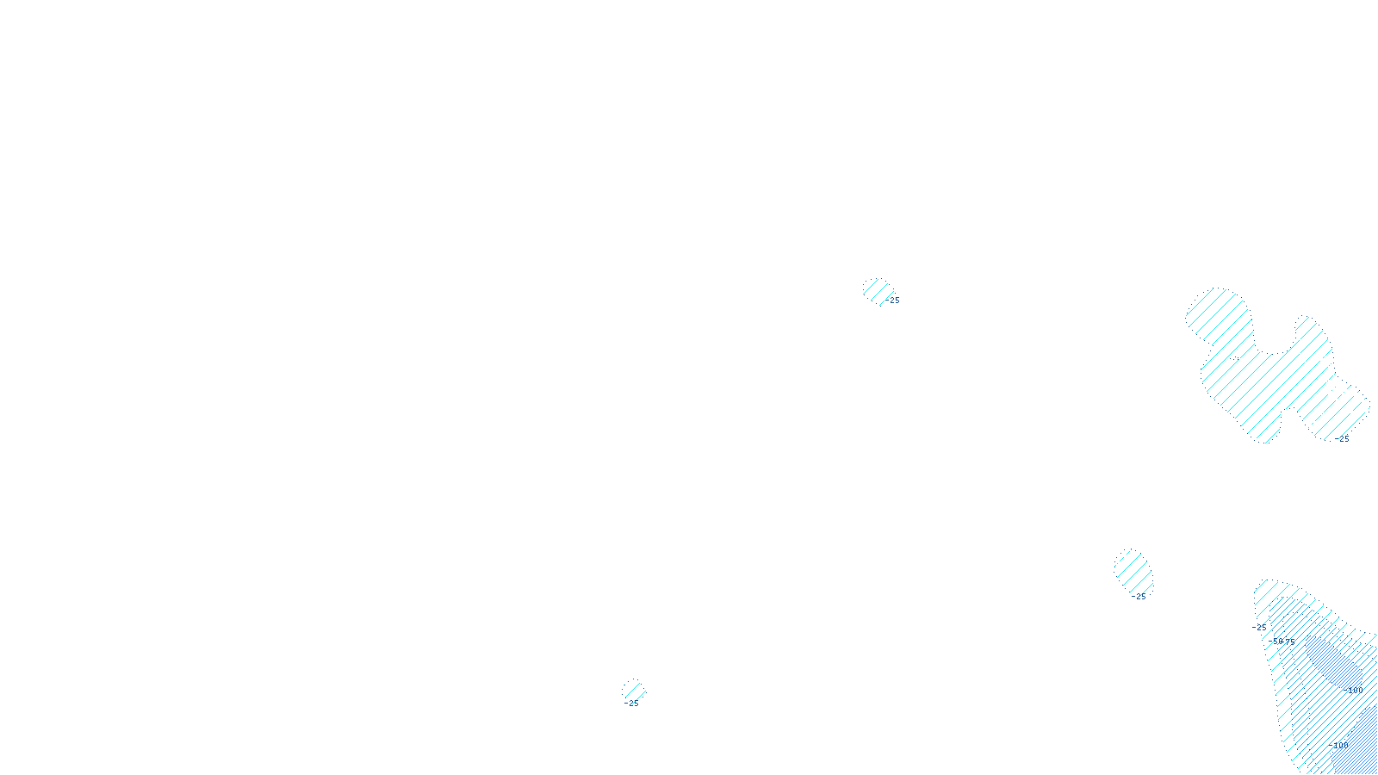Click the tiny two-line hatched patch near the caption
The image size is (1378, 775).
[634, 691]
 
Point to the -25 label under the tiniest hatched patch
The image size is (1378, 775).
[632, 704]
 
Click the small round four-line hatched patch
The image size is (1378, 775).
[877, 290]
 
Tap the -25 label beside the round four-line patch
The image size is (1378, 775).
[893, 301]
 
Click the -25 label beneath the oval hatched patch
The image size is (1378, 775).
[1139, 596]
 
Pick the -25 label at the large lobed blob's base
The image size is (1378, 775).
[1343, 439]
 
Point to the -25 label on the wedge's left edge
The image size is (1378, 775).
[1260, 627]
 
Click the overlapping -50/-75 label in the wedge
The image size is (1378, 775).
[1283, 642]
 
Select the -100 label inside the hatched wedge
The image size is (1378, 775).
[1354, 691]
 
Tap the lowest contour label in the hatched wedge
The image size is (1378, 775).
[1341, 746]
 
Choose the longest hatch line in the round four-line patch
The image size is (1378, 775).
[877, 292]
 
